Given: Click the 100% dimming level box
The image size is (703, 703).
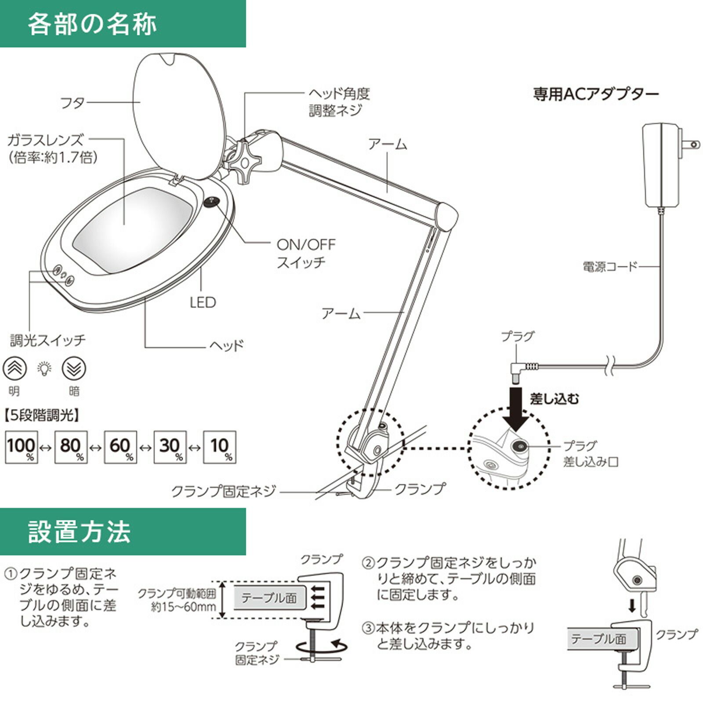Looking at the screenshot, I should coord(21,447).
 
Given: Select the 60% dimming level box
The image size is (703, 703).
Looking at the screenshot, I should coord(120,447).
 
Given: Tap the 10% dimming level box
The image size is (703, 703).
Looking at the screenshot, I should coord(220,447).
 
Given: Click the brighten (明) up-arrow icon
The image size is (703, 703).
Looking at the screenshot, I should coord(15,369).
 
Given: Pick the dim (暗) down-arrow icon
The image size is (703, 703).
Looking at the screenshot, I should coord(74,369).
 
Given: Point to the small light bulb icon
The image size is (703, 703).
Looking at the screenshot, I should coord(44,369).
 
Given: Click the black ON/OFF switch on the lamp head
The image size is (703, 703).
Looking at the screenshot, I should coord(211,202).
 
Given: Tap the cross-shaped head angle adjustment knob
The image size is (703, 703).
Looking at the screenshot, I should coord(243,161).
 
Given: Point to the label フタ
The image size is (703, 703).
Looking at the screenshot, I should coord(72,103).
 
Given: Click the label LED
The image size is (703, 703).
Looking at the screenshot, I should coord(203,303).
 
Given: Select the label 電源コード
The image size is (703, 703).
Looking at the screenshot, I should coord(610,266).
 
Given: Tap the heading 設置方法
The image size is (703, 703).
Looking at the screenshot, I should coord(80,532).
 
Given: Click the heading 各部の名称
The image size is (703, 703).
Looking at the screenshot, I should coord(92,24).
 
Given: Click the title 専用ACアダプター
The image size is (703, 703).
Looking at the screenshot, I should coord(596,94).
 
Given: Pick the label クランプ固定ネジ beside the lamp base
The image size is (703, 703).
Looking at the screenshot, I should coord(224,491).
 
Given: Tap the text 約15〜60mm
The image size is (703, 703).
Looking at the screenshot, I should coord(184,608).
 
